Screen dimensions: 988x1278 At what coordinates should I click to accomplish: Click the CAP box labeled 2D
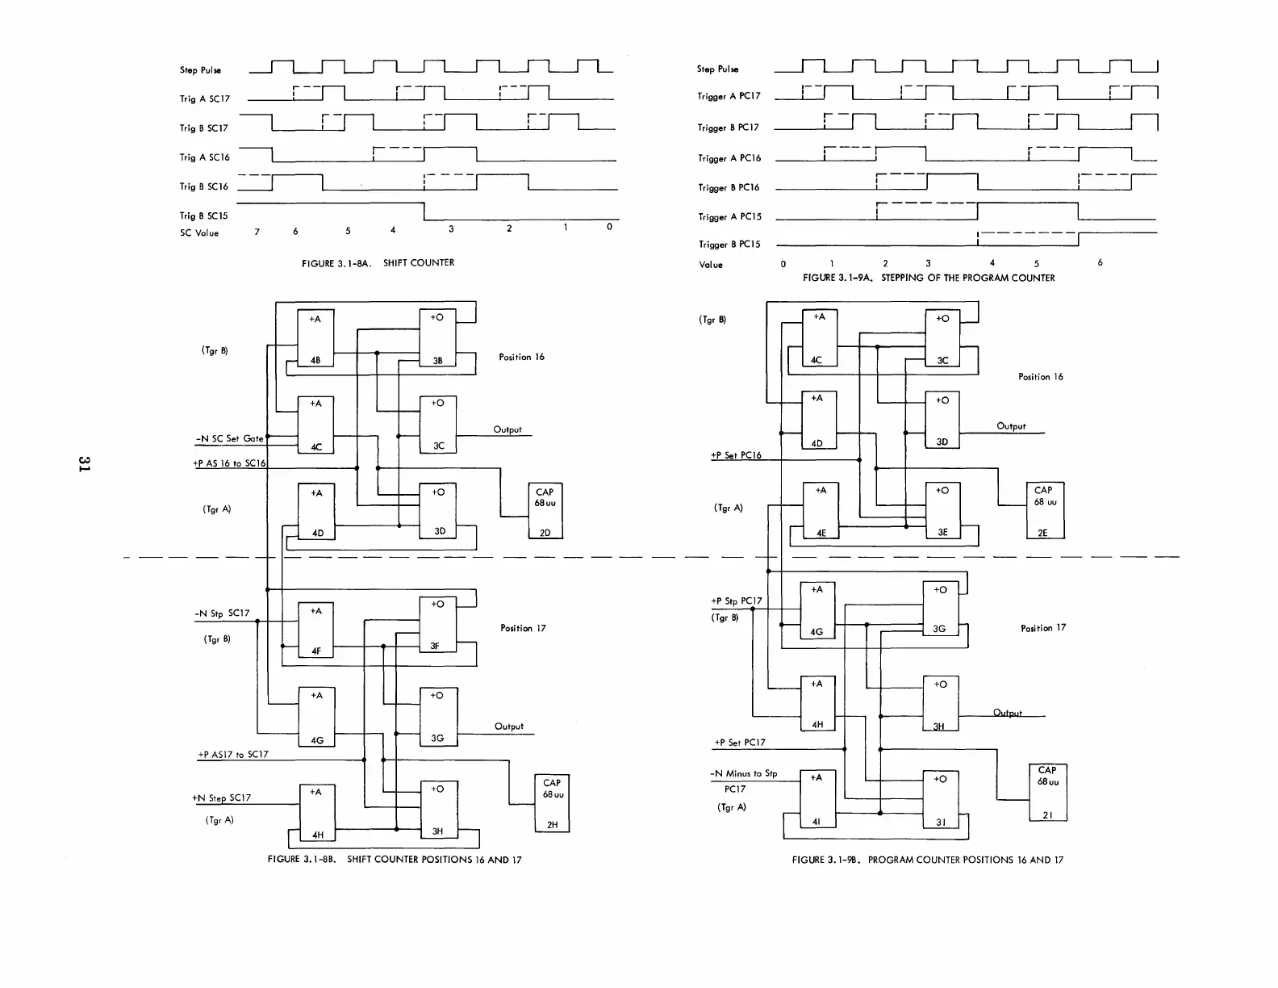click(545, 511)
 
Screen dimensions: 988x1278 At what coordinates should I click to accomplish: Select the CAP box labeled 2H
click(552, 802)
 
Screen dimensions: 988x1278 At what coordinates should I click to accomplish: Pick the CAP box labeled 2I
click(1047, 792)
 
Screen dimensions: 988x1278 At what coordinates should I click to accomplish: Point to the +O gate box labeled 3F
click(437, 625)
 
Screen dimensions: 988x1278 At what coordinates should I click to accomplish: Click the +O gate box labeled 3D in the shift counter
click(438, 510)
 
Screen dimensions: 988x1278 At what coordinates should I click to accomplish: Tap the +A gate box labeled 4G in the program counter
click(817, 609)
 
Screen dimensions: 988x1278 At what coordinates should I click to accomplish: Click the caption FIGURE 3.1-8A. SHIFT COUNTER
click(378, 263)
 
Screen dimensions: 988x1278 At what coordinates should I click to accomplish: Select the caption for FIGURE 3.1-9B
click(927, 860)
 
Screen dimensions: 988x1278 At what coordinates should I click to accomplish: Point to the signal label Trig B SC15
click(203, 216)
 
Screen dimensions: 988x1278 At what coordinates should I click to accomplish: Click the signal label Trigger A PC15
click(729, 217)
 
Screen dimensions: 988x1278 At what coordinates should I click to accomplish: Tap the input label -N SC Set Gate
click(230, 438)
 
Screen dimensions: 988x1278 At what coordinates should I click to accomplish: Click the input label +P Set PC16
click(736, 455)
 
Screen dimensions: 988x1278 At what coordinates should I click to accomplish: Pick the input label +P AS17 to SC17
click(233, 755)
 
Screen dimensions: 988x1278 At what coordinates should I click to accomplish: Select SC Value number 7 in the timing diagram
click(257, 232)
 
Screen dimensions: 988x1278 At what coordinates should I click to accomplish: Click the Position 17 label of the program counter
click(1042, 628)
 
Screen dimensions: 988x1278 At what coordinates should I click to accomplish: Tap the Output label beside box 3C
click(507, 429)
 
